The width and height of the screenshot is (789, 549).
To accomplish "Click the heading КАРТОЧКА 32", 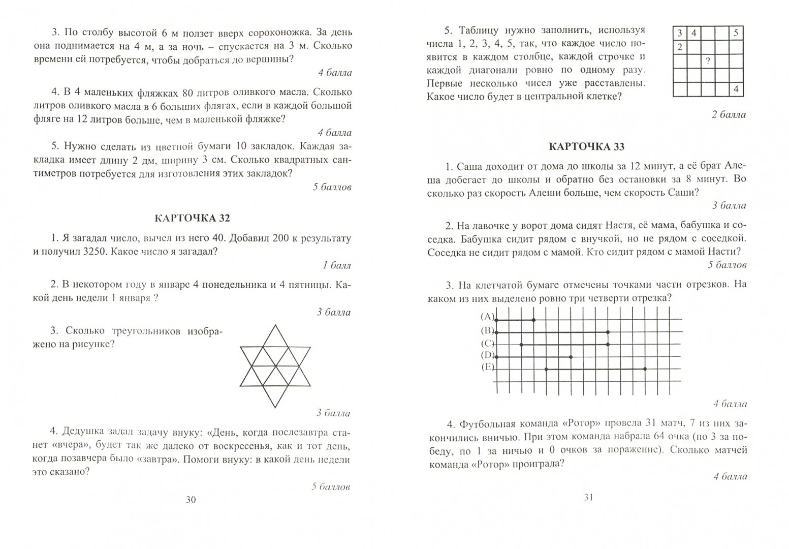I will point(192,219).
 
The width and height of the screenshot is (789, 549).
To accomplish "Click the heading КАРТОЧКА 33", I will point(587,147).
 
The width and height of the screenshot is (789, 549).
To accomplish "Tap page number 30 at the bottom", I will point(191,500).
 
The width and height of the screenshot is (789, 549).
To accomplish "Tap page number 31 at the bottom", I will point(588,498).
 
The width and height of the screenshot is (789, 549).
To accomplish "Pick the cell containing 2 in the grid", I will point(679,48).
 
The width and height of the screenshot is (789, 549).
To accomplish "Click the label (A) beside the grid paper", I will point(487,316).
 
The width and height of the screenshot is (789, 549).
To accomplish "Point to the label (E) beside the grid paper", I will point(487,367).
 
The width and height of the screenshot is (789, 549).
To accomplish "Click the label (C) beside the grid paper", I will point(487,343).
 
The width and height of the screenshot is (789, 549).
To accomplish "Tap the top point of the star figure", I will point(275,326).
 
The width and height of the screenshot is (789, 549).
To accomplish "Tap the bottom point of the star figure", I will point(275,407).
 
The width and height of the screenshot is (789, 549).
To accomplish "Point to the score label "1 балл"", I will point(337,265).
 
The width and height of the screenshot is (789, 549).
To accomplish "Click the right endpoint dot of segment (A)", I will point(533,320).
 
